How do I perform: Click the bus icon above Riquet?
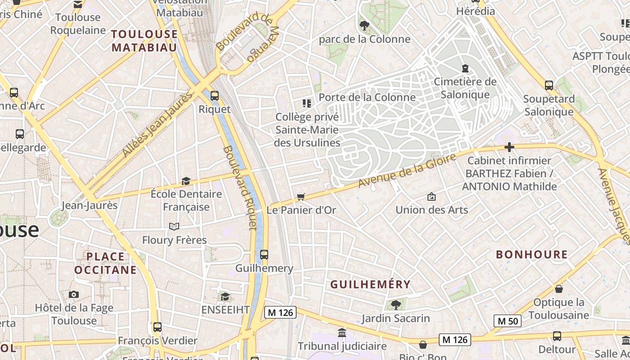point(215,95)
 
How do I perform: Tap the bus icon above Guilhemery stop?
point(264,255)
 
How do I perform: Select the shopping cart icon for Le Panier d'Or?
point(301,197)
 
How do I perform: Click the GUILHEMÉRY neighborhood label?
point(370,284)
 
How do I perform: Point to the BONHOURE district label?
point(531,254)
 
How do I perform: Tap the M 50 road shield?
point(508,321)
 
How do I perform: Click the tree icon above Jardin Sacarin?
point(396,305)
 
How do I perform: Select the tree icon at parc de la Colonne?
point(364,26)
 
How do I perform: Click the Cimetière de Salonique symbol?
point(465,68)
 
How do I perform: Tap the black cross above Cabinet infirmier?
point(509,147)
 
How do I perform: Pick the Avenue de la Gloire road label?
point(407,171)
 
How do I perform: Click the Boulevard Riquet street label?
point(240,188)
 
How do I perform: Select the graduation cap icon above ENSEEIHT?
point(225,297)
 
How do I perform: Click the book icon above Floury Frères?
point(174,226)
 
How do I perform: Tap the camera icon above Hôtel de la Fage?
point(74,295)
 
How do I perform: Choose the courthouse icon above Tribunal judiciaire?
point(342,333)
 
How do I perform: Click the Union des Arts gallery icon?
point(431,197)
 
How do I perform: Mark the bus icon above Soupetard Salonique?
point(549,85)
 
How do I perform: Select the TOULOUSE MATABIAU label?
point(144,40)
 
